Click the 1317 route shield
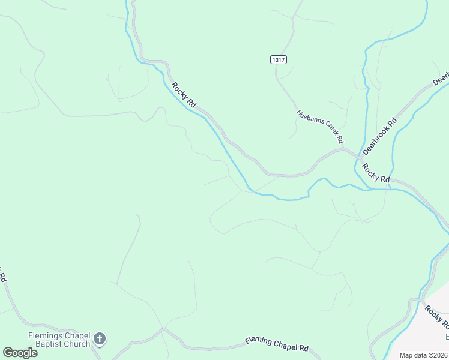point(278,59)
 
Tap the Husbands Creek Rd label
point(319,127)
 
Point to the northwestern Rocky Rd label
point(184,94)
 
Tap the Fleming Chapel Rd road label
point(276,344)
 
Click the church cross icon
point(100,340)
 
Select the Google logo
point(20,353)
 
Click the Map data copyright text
point(423,355)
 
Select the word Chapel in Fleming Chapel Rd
point(282,345)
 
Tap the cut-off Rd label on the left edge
point(3,277)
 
